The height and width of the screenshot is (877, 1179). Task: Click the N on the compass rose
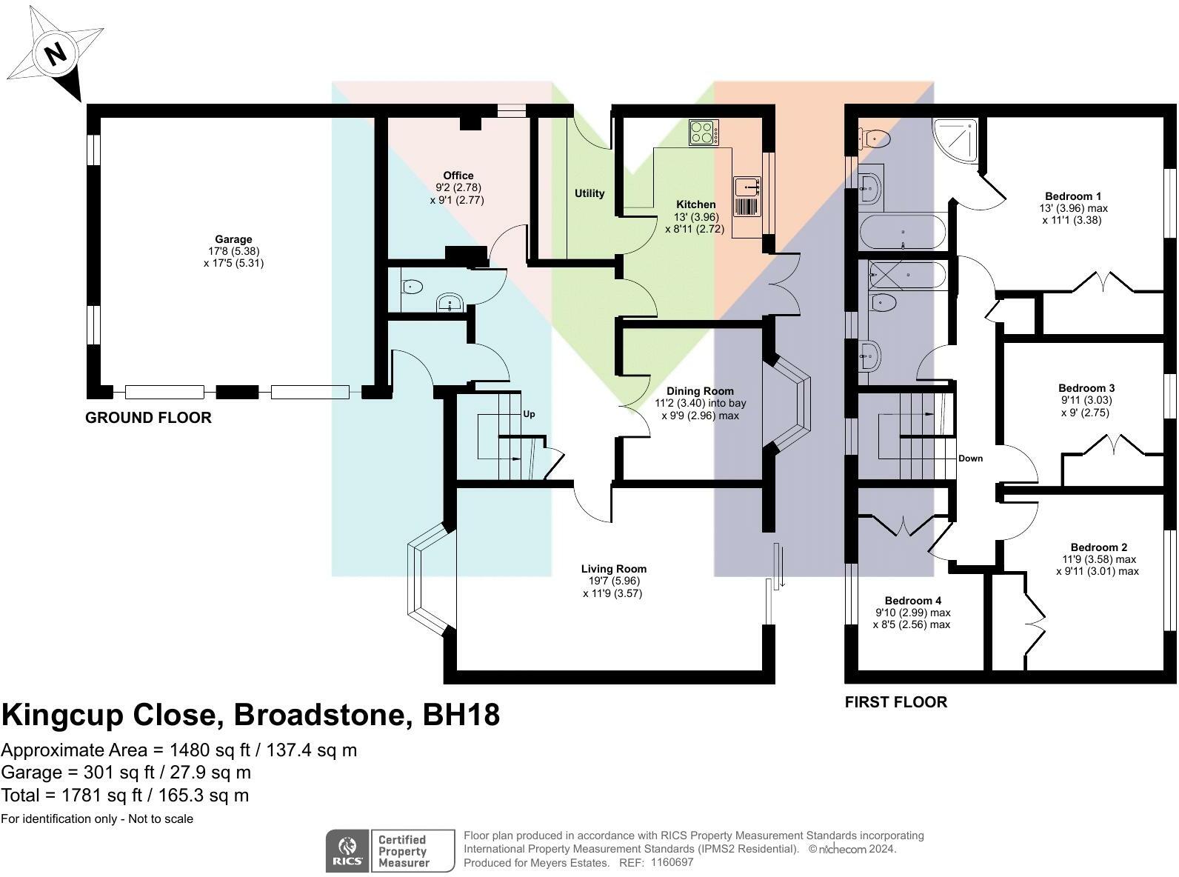[x=56, y=54]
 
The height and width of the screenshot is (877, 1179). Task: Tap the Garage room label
[x=233, y=239]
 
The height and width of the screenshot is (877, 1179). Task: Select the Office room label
[x=458, y=176]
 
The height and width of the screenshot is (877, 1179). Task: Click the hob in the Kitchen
[x=704, y=133]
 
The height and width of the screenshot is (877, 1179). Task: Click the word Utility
[x=589, y=193]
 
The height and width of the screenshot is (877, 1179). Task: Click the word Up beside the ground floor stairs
[x=529, y=414]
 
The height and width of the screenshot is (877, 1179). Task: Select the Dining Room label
[x=700, y=391]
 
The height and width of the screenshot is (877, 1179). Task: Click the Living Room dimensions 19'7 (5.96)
[x=613, y=581]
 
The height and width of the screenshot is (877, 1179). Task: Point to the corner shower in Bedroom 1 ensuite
[x=956, y=139]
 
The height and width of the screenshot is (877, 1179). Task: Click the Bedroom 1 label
[x=1072, y=196]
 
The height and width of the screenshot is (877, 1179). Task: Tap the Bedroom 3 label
[x=1086, y=388]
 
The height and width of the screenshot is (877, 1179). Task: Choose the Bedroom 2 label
[x=1099, y=547]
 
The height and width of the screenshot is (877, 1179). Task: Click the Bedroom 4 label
[x=912, y=601]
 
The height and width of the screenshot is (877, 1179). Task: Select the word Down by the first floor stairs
[x=971, y=458]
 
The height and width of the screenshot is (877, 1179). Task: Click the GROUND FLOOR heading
[x=148, y=418]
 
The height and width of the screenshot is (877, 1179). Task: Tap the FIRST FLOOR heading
[x=896, y=702]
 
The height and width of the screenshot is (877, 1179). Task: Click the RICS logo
[x=348, y=850]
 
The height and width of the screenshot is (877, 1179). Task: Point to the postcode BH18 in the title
[x=461, y=715]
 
